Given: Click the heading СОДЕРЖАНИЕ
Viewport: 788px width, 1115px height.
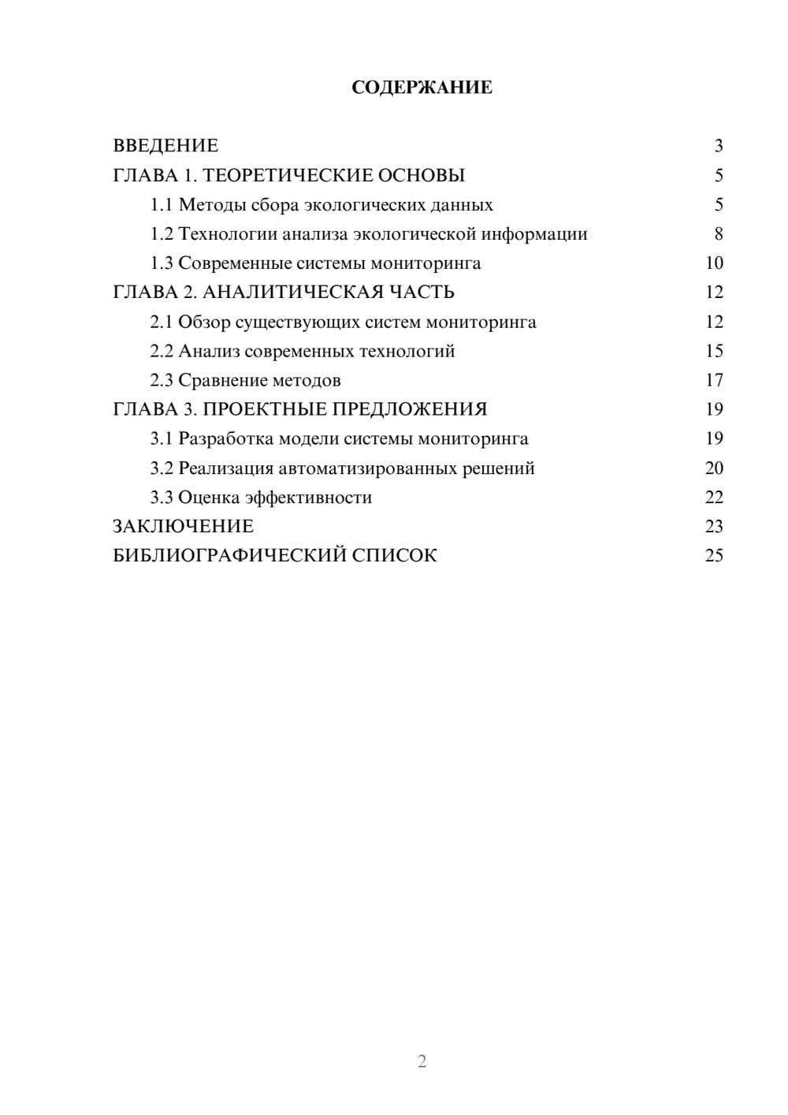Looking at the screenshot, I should pyautogui.click(x=422, y=88).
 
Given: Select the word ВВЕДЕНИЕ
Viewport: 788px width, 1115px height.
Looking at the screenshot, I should pyautogui.click(x=165, y=146).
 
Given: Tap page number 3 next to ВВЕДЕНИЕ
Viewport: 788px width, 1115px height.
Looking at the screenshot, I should pyautogui.click(x=719, y=146).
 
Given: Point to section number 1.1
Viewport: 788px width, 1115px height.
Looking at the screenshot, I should pyautogui.click(x=162, y=205).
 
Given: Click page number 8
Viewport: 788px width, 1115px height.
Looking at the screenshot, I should pyautogui.click(x=719, y=234).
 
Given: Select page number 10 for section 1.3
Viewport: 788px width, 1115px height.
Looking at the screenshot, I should pyautogui.click(x=714, y=263).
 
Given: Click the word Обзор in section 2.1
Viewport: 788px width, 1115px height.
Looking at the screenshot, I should pyautogui.click(x=204, y=322).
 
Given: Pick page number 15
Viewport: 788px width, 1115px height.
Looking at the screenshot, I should pyautogui.click(x=714, y=351).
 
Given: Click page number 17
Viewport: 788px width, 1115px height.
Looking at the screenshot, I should pyautogui.click(x=714, y=381).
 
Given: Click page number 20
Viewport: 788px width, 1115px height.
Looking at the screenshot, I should pyautogui.click(x=714, y=468).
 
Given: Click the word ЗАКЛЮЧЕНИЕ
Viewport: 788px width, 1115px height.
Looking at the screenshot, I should pyautogui.click(x=183, y=527).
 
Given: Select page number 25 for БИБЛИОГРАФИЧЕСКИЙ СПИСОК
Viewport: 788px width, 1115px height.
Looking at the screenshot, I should pyautogui.click(x=714, y=556).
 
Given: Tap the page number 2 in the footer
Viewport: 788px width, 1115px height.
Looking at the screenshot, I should pyautogui.click(x=422, y=1061).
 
